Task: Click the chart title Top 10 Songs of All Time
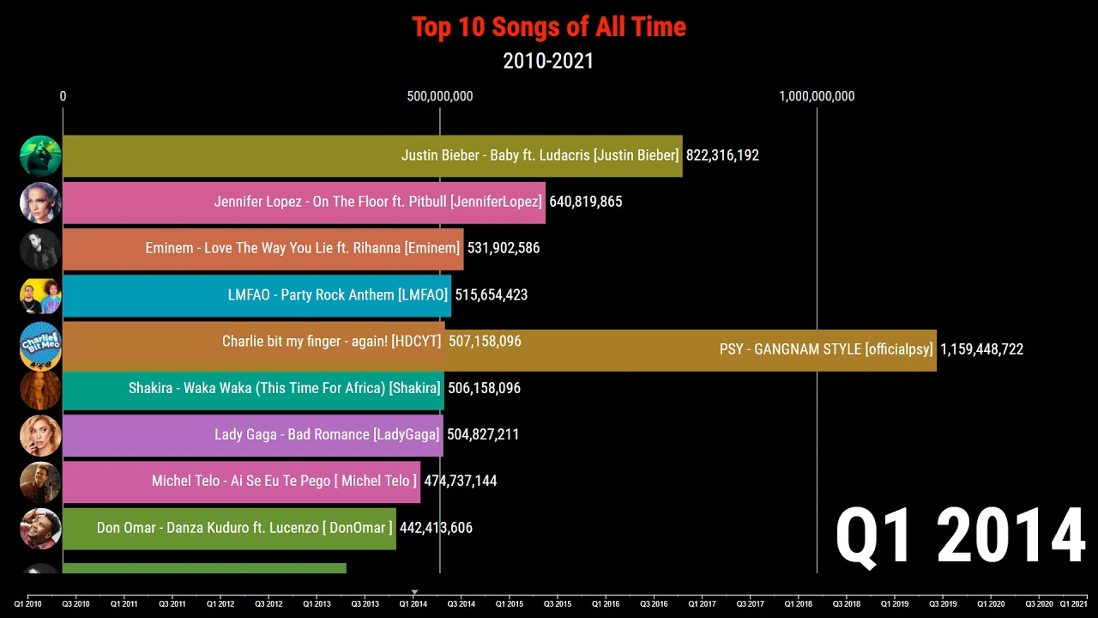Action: (549, 27)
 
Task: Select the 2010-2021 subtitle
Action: (548, 61)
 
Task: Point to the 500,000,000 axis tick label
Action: (440, 96)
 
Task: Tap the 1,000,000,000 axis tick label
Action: (817, 96)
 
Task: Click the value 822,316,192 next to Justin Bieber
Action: (722, 155)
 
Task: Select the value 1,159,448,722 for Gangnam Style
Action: (981, 349)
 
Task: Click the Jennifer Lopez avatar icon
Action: (40, 203)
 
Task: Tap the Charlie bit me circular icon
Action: (40, 344)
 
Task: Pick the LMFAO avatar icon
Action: (40, 295)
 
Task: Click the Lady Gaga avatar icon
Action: (40, 435)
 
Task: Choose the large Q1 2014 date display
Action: (961, 536)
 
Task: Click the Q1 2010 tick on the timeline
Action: (27, 603)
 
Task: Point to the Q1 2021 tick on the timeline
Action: (1073, 603)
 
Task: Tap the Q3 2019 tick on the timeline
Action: (943, 603)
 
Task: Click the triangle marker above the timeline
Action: (414, 592)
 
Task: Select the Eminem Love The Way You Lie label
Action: (303, 248)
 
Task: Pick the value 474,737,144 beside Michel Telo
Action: (460, 481)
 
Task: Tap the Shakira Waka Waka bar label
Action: (284, 388)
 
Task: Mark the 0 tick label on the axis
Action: (63, 96)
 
